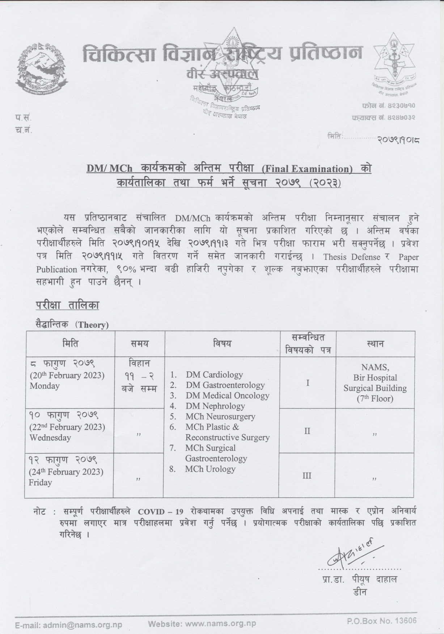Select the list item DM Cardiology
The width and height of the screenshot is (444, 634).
click(x=214, y=375)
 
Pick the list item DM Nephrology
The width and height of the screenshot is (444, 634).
click(x=215, y=406)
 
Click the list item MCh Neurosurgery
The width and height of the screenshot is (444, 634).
click(x=220, y=417)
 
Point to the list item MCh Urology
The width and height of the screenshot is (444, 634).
click(x=210, y=469)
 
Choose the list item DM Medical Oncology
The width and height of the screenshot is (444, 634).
click(x=227, y=396)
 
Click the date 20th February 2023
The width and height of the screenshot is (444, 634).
click(x=67, y=375)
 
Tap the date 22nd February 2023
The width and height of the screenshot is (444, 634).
click(x=67, y=427)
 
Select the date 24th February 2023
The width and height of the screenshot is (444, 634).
click(x=66, y=472)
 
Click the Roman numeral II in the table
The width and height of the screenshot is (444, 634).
click(x=307, y=431)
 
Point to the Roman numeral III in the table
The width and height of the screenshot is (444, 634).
click(x=307, y=476)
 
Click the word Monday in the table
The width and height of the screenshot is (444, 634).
click(x=44, y=386)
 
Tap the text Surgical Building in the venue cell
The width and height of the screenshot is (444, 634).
click(x=375, y=388)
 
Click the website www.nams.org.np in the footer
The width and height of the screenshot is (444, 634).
click(x=202, y=624)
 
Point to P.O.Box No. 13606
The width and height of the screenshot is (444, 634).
click(x=382, y=621)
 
